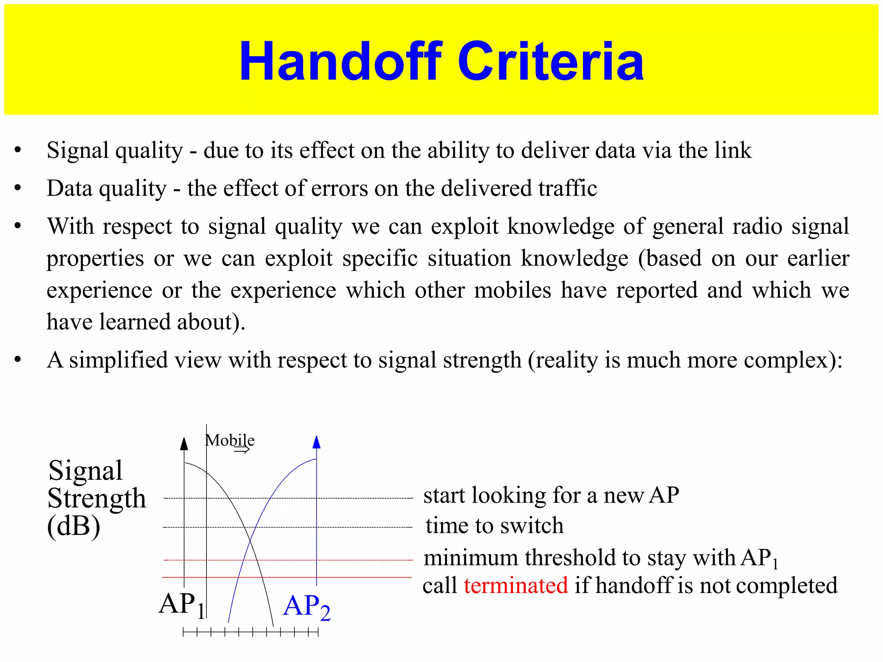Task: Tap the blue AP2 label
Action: (307, 607)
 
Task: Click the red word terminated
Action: (516, 586)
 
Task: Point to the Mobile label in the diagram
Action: (230, 440)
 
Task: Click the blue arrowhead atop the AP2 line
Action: (316, 443)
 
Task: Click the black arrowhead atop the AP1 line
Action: (184, 444)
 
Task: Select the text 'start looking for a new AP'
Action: (551, 496)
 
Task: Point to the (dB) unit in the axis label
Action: (74, 527)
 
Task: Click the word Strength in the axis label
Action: (97, 499)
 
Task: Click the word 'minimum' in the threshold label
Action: (471, 558)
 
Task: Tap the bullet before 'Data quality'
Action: (18, 188)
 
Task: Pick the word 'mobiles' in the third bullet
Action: (513, 290)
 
